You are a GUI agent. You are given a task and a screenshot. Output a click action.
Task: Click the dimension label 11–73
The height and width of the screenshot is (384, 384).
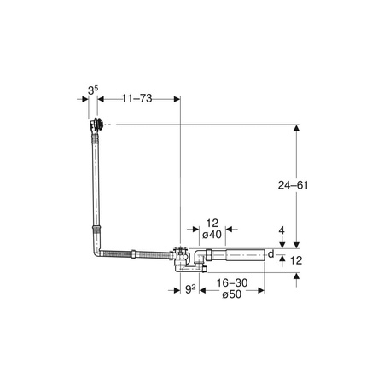pos(137,98)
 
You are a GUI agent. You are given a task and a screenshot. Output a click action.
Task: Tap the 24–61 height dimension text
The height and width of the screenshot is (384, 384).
pos(293,185)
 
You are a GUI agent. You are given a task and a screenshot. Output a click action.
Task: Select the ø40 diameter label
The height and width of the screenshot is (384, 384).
pos(212,235)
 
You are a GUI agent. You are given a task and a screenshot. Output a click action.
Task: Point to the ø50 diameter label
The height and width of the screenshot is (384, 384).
pos(232,294)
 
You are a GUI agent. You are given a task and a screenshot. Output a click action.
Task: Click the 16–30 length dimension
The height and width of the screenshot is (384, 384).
pos(232,282)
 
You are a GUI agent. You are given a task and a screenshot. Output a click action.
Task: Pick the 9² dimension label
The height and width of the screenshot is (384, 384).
pos(190,289)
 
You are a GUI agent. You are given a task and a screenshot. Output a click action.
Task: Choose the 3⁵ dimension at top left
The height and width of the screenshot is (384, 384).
pos(93,90)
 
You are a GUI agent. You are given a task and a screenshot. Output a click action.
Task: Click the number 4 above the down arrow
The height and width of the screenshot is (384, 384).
pos(282,230)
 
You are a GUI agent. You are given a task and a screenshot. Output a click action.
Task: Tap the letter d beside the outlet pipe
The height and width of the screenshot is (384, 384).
pos(271,253)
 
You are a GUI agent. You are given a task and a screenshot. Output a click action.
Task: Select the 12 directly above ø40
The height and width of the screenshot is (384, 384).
pos(212,224)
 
